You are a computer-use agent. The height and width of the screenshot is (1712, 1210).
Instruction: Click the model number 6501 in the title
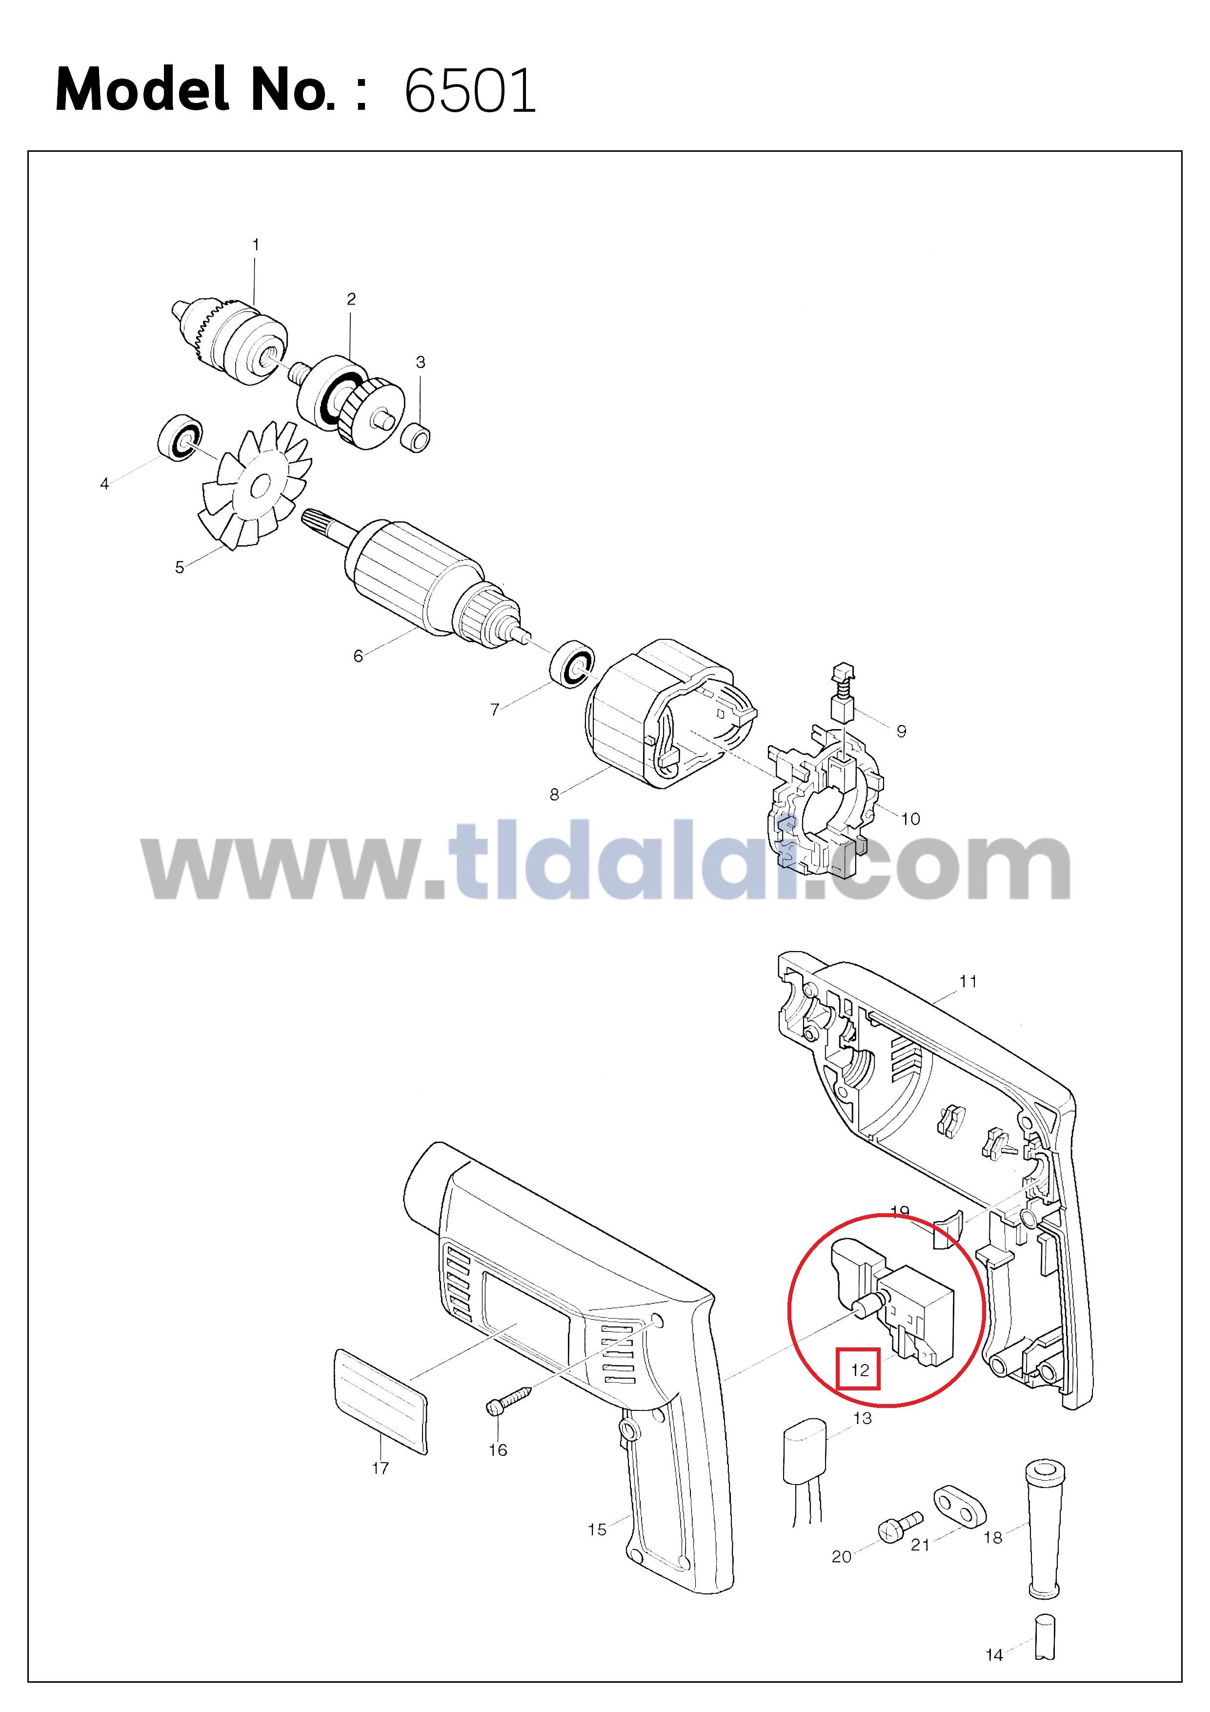tap(470, 91)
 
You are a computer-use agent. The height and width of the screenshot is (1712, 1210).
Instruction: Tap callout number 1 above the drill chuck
tap(256, 245)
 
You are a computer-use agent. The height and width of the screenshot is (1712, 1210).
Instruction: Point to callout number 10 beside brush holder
tap(910, 819)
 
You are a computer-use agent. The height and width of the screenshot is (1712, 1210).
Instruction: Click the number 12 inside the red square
tap(860, 1370)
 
